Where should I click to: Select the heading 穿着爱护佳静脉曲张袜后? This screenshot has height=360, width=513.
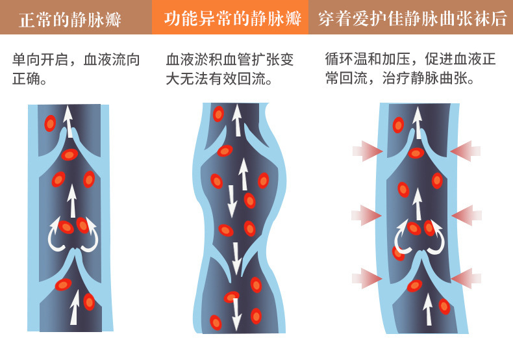pos(412,18)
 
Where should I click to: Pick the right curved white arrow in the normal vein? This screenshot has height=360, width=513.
pos(89,236)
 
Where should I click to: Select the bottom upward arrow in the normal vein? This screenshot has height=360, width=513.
pos(74,307)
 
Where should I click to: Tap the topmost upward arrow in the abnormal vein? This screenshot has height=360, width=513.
pos(237,120)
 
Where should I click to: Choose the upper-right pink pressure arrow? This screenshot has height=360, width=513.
pos(465,151)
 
